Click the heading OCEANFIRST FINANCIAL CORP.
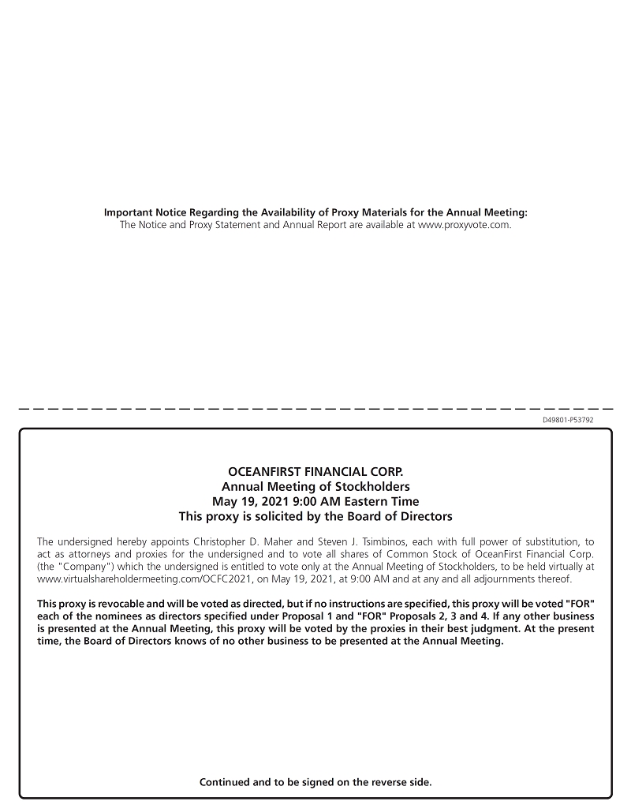point(315,472)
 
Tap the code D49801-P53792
point(568,420)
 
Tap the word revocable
point(121,604)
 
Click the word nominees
point(121,616)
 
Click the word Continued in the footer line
point(225,782)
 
